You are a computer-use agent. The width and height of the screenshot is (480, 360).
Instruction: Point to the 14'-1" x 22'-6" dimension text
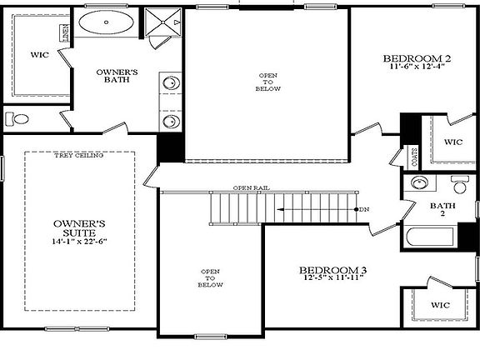pos(80,242)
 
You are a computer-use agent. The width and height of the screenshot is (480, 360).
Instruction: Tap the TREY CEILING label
pos(78,156)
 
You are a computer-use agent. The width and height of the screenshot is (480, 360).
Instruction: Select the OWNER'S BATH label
pos(117,77)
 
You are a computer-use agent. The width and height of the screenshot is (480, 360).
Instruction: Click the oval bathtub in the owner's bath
pos(107,23)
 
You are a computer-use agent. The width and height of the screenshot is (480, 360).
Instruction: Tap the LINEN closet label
pos(65,33)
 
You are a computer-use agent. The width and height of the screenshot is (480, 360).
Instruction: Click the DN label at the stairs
pos(364,208)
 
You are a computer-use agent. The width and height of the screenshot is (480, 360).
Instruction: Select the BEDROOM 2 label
pos(417,58)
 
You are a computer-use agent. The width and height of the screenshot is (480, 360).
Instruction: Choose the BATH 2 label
pos(437,209)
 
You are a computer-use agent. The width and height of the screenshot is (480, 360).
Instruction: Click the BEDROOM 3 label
pos(332,271)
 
